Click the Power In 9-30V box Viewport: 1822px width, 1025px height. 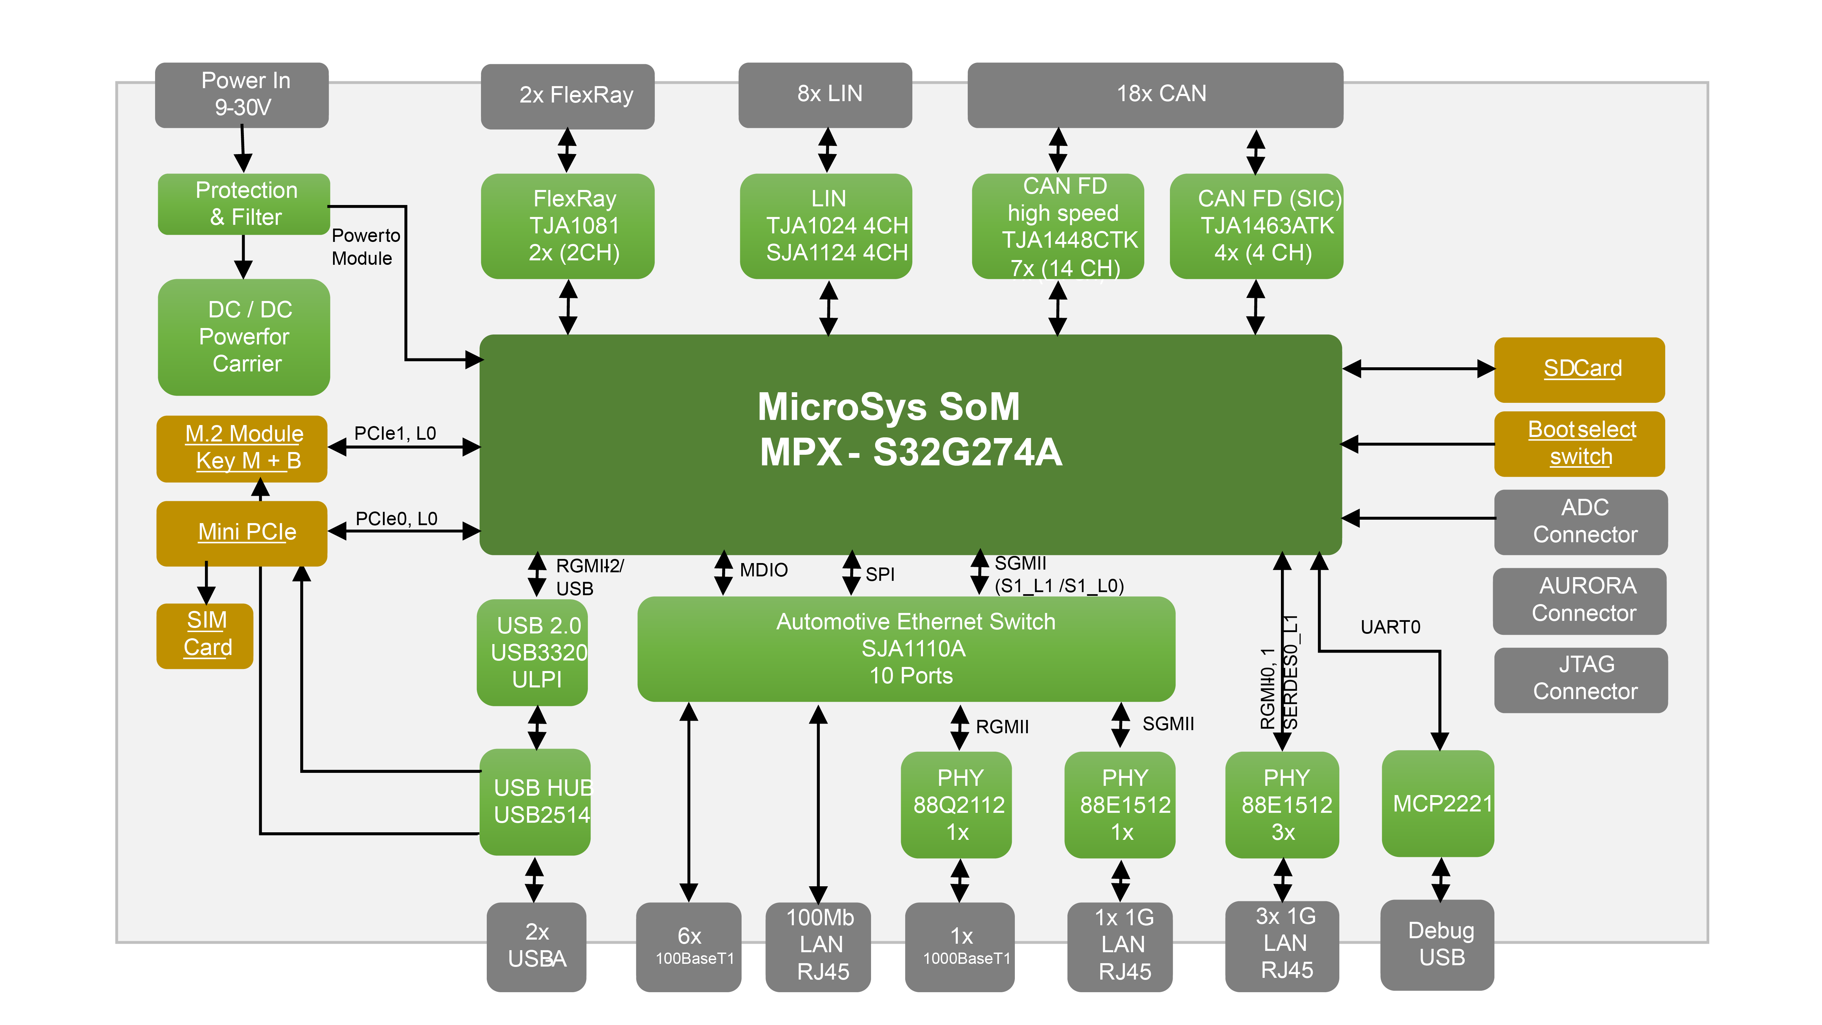pos(242,95)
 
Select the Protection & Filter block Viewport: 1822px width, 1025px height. pos(244,204)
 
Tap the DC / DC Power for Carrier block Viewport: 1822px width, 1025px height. pos(244,337)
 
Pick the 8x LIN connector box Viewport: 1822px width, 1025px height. pos(825,95)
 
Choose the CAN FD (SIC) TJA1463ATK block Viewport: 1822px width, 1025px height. pos(1256,225)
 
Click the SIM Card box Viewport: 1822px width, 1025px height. pos(205,635)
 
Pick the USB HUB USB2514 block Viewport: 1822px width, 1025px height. pos(535,802)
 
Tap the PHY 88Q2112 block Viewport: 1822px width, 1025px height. pos(956,804)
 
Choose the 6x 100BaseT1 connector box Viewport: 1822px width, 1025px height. pos(689,946)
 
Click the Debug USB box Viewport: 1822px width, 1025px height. pos(1437,944)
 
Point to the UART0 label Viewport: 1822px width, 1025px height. pos(1390,627)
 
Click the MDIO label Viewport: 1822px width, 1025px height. pos(763,570)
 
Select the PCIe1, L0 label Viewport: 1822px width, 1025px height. pos(395,434)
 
